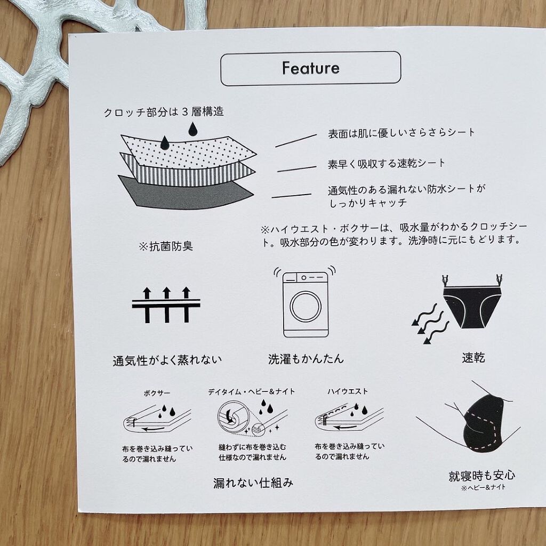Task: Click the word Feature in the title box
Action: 310,68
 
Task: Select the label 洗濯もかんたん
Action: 306,358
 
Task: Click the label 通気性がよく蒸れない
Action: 167,360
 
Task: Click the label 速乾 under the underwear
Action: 473,358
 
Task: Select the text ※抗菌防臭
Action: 166,246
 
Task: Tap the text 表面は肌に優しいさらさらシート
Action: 401,132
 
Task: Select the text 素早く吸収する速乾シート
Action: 386,163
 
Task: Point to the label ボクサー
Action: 157,392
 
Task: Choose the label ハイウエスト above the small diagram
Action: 347,391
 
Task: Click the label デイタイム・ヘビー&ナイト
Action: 251,391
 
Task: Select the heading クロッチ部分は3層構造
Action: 163,112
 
